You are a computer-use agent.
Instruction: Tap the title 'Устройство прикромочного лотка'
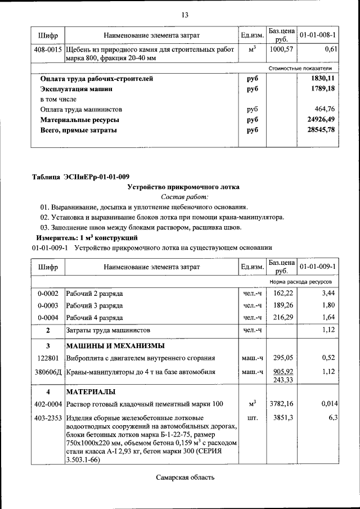click(x=183, y=187)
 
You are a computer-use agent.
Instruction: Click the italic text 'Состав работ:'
click(x=184, y=197)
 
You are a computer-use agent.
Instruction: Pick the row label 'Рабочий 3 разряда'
click(x=94, y=305)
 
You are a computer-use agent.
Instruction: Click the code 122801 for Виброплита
click(x=48, y=358)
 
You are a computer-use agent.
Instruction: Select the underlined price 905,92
click(x=283, y=371)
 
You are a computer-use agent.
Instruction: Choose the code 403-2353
click(x=47, y=418)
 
